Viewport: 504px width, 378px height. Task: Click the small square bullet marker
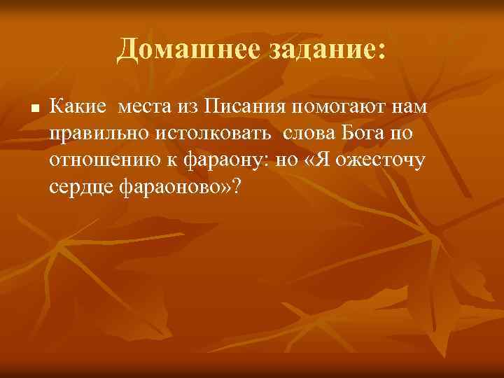coord(32,110)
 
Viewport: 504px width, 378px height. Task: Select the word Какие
coord(78,108)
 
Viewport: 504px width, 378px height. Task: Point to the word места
coord(143,108)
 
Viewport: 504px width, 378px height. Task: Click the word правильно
coord(97,134)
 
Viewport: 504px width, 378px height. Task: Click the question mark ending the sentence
coord(242,188)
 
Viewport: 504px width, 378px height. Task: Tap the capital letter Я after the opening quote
coord(327,161)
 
